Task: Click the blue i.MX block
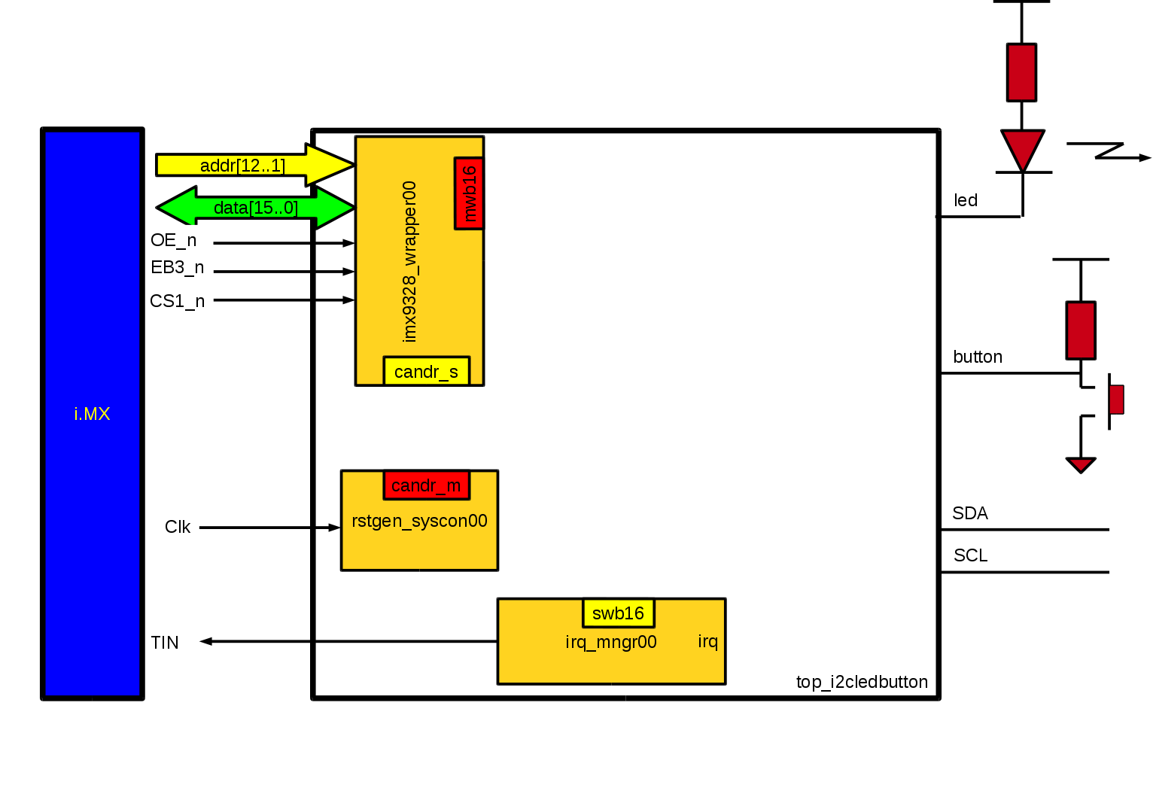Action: click(92, 413)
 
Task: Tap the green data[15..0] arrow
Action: click(255, 208)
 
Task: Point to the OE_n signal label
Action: click(173, 240)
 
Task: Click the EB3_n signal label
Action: click(177, 267)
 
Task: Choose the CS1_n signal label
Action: click(177, 301)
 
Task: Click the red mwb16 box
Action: click(469, 193)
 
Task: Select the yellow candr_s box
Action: click(426, 372)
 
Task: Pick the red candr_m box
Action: click(426, 485)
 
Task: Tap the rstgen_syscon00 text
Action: click(419, 521)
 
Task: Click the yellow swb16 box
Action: click(618, 613)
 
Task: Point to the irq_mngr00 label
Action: click(610, 642)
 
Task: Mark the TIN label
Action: click(165, 643)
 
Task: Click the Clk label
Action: click(178, 527)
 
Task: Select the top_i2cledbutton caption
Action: click(862, 682)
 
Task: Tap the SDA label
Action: click(969, 513)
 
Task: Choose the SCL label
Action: click(970, 555)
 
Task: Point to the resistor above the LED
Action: click(1021, 72)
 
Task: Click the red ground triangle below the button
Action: click(1081, 464)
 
